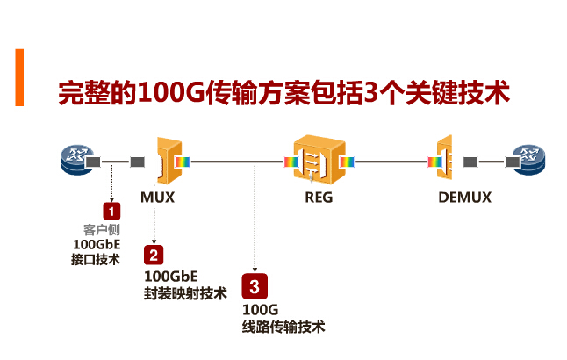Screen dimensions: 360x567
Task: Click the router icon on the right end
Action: pyautogui.click(x=530, y=161)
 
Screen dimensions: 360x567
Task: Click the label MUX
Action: pyautogui.click(x=158, y=197)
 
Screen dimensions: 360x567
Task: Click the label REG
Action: pyautogui.click(x=319, y=197)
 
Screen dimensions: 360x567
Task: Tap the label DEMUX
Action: pyautogui.click(x=464, y=197)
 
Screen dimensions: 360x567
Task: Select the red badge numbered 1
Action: pyautogui.click(x=111, y=212)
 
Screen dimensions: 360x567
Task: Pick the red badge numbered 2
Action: pyautogui.click(x=154, y=256)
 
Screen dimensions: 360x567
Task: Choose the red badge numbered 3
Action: pyautogui.click(x=254, y=286)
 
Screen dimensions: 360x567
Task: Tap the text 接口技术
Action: pyautogui.click(x=95, y=259)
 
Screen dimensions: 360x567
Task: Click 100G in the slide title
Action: pyautogui.click(x=167, y=93)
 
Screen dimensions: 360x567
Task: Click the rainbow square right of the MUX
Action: pyautogui.click(x=183, y=162)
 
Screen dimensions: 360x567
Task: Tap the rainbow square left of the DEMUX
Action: pyautogui.click(x=433, y=162)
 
